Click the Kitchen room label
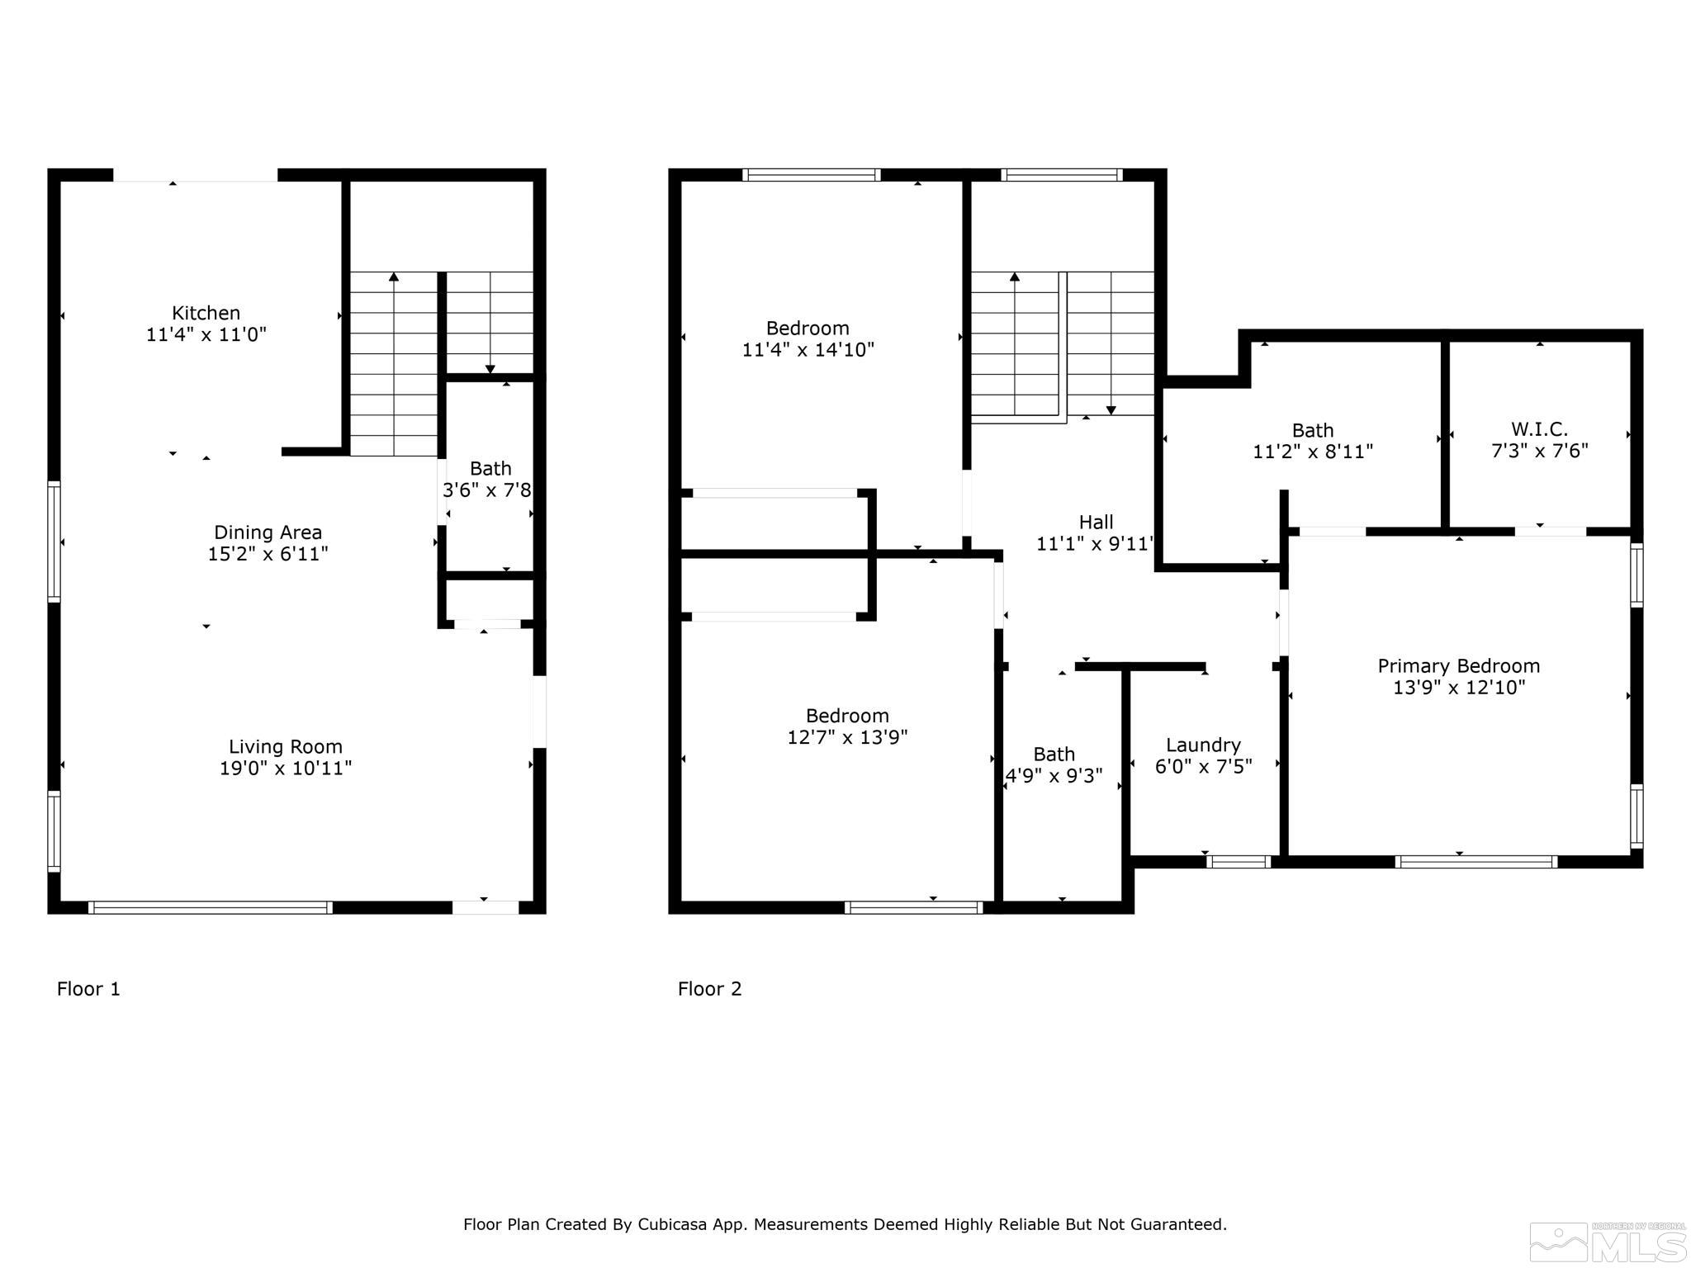[x=206, y=314]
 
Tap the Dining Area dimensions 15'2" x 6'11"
[x=268, y=554]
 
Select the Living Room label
[x=286, y=747]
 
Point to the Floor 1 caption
[x=88, y=989]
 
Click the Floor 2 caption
[x=709, y=989]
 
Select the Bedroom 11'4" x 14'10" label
[x=808, y=338]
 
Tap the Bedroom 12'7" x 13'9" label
[x=847, y=726]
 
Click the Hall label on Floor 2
[x=1096, y=523]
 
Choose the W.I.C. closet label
[x=1539, y=429]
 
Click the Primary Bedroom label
[x=1458, y=666]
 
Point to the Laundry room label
[x=1203, y=745]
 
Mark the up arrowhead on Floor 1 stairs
[x=394, y=277]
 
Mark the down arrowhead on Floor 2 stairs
[x=1111, y=410]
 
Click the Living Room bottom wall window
[x=210, y=908]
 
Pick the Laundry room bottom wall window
[x=1238, y=862]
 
